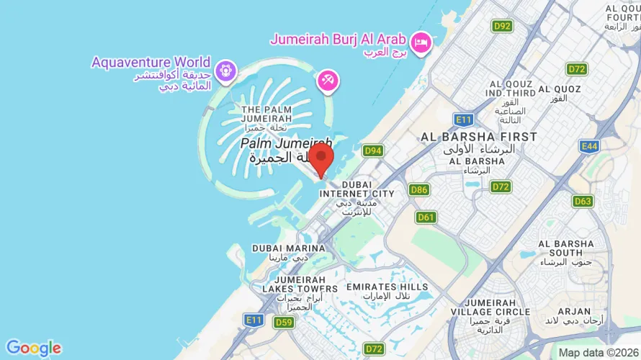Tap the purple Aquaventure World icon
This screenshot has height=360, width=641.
pyautogui.click(x=225, y=70)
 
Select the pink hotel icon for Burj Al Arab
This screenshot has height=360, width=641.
pyautogui.click(x=422, y=41)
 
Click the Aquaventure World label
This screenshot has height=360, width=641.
pyautogui.click(x=151, y=62)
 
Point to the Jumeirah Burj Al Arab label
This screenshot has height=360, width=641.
pyautogui.click(x=338, y=39)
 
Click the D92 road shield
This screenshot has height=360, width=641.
pyautogui.click(x=502, y=26)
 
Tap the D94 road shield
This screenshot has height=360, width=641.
pyautogui.click(x=372, y=150)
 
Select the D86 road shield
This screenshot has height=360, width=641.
pyautogui.click(x=418, y=190)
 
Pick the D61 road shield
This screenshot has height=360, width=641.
pyautogui.click(x=426, y=217)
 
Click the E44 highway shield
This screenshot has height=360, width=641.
pyautogui.click(x=588, y=146)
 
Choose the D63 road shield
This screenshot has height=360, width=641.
pyautogui.click(x=583, y=201)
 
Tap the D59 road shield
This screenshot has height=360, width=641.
pyautogui.click(x=284, y=323)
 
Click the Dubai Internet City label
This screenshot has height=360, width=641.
pyautogui.click(x=357, y=189)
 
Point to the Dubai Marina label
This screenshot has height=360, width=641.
pyautogui.click(x=288, y=248)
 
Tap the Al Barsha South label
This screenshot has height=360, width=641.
pyautogui.click(x=565, y=248)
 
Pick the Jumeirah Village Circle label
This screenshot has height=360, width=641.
pyautogui.click(x=498, y=307)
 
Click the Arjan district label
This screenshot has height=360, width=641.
pyautogui.click(x=574, y=312)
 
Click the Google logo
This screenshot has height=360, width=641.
pyautogui.click(x=33, y=348)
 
